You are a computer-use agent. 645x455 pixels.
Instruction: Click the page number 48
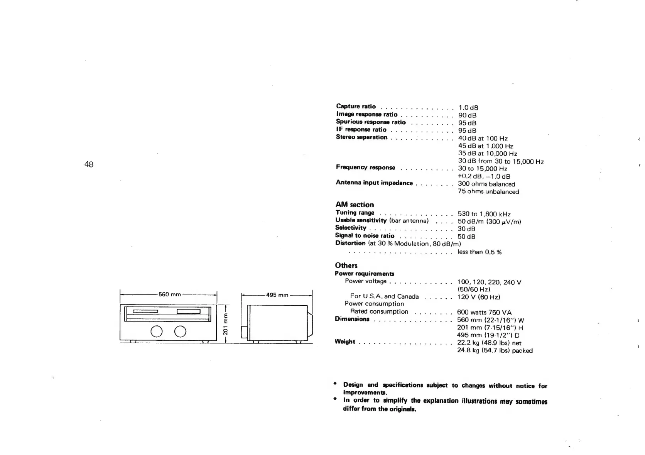(89, 165)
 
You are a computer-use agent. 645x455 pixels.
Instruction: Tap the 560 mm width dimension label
(170, 295)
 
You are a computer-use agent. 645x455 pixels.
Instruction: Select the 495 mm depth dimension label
(277, 295)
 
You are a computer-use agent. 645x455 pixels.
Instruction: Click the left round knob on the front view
(157, 332)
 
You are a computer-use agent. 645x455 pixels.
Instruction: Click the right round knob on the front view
(180, 332)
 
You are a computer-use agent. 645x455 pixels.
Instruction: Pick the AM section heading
(355, 205)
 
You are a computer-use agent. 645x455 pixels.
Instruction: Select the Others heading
(346, 266)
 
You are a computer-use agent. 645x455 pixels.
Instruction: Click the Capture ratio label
(356, 107)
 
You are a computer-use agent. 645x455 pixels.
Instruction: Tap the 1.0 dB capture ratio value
(468, 108)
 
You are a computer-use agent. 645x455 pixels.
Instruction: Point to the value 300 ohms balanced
(486, 184)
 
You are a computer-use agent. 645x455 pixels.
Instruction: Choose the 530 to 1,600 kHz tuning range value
(484, 214)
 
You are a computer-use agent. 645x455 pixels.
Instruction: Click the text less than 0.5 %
(479, 252)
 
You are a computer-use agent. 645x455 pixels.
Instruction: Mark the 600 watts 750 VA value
(484, 313)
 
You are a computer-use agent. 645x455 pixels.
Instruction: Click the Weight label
(345, 342)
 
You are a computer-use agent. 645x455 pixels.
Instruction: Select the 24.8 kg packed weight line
(495, 351)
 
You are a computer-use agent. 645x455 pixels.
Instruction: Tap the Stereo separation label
(361, 137)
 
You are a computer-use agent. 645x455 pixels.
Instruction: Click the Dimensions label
(352, 319)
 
